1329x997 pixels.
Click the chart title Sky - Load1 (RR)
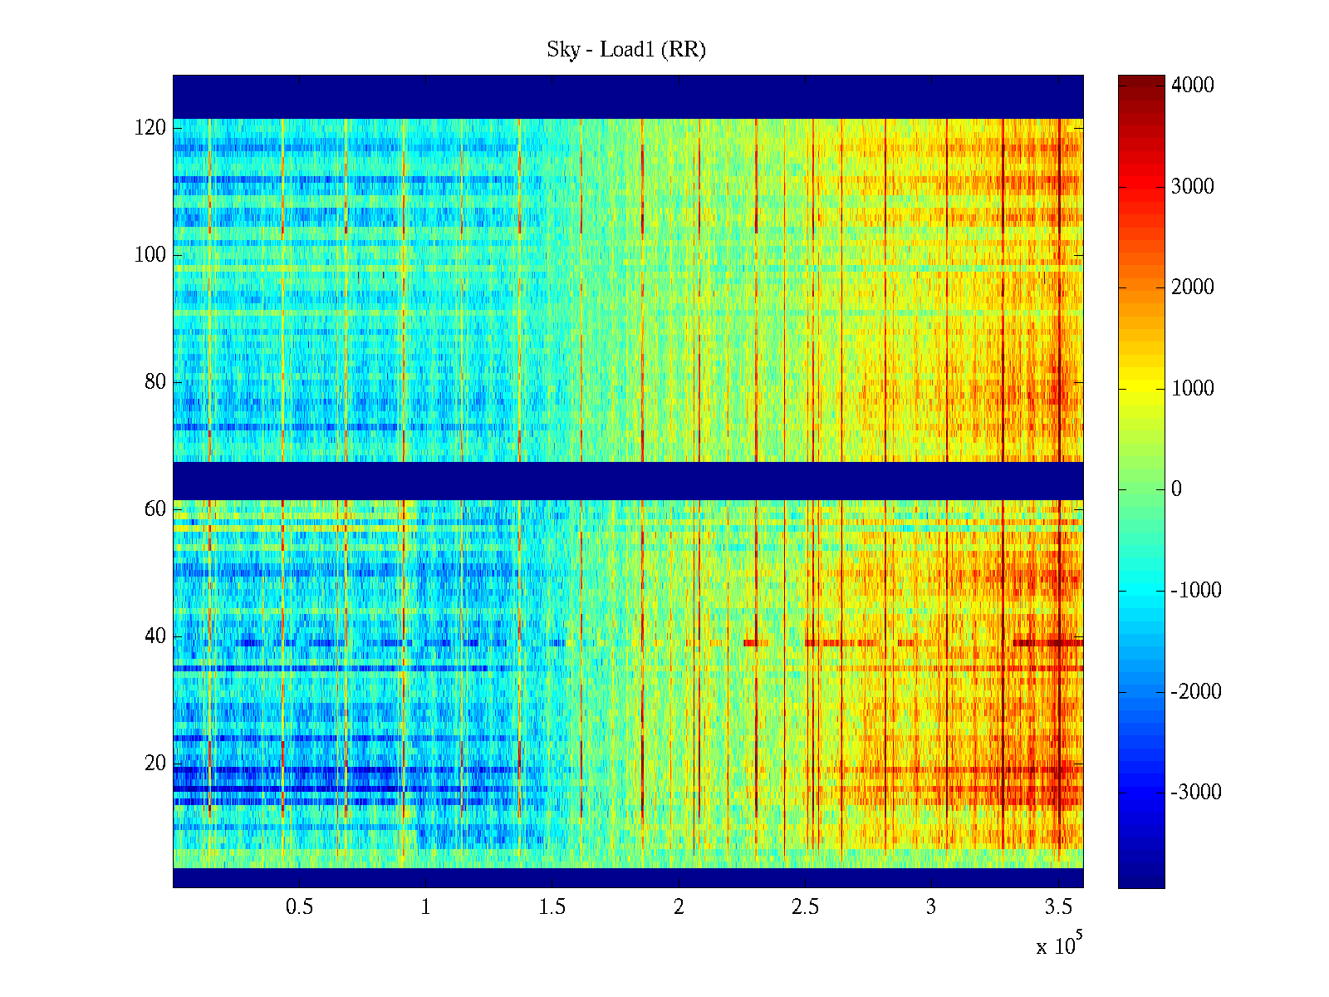(x=626, y=50)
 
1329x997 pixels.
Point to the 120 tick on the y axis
(x=150, y=128)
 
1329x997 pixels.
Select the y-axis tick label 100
(x=150, y=255)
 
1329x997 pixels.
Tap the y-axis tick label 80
(x=155, y=382)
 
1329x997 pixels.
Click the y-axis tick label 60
(x=155, y=509)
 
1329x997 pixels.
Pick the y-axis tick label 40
(x=155, y=636)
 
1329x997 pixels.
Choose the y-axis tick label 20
(x=155, y=764)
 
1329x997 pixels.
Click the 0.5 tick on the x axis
(x=299, y=907)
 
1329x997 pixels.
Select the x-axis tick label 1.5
(x=552, y=907)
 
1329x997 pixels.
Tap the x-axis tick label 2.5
(x=805, y=907)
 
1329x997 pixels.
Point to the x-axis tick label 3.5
(x=1058, y=907)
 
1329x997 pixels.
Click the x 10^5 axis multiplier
(x=1058, y=945)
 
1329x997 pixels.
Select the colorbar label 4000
(x=1192, y=86)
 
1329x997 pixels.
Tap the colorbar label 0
(x=1176, y=489)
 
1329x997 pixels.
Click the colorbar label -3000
(x=1196, y=793)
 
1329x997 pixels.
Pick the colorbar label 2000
(x=1192, y=287)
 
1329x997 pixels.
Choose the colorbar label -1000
(x=1196, y=591)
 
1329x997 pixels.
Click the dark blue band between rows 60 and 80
(x=628, y=480)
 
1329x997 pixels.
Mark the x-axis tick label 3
(x=931, y=907)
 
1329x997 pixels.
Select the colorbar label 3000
(x=1192, y=186)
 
